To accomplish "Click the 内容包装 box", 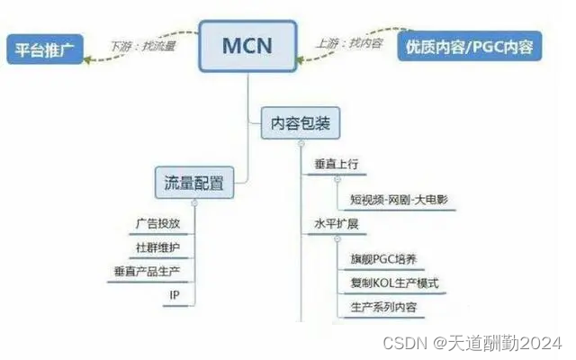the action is (x=300, y=123).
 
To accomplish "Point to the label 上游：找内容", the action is (x=347, y=41).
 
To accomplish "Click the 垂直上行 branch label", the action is (x=337, y=166).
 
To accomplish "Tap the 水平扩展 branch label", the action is (x=337, y=223).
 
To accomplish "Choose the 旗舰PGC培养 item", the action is (x=382, y=259).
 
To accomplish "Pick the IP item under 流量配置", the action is (x=175, y=294).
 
